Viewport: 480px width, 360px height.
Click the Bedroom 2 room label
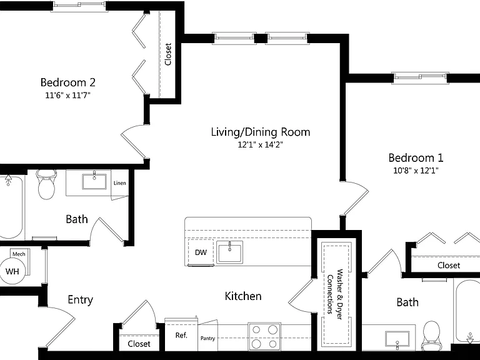tap(68, 82)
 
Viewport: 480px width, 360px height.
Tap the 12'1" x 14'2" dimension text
tap(261, 145)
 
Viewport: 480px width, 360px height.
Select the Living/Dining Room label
tap(261, 132)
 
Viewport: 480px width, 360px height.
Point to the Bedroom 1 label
tap(416, 158)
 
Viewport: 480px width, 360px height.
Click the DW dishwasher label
tap(201, 252)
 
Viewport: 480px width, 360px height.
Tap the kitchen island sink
tap(229, 252)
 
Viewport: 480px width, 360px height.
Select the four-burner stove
tap(264, 337)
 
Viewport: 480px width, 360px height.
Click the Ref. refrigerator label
tap(181, 336)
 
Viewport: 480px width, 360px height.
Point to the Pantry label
tap(208, 338)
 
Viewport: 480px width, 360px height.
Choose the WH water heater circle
tap(12, 271)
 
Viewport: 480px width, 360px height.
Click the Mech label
tap(19, 254)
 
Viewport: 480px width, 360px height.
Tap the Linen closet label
tap(120, 183)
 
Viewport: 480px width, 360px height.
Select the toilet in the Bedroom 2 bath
tap(46, 184)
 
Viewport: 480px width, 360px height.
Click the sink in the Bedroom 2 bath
tap(94, 181)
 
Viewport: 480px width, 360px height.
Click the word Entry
tap(80, 300)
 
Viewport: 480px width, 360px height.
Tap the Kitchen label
tap(243, 296)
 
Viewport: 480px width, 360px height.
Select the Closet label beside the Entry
tap(139, 344)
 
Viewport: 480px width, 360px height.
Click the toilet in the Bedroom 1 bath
tap(431, 335)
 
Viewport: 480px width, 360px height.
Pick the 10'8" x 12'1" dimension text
tap(416, 171)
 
